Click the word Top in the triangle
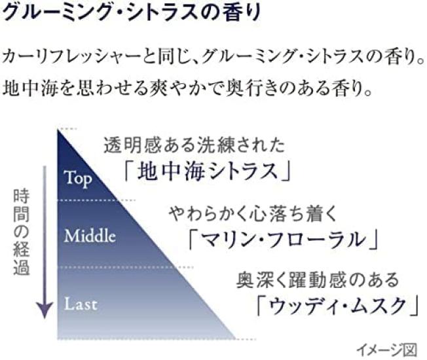pos(78,179)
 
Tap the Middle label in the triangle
pos(90,236)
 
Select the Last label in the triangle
pos(81,304)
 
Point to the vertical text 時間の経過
pos(21,232)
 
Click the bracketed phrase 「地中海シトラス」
pos(208,171)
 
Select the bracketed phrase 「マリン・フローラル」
pos(284,240)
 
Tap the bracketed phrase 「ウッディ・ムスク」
pos(337,306)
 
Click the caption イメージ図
pos(386,350)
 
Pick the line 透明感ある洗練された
pos(195,145)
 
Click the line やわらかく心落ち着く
pos(253,213)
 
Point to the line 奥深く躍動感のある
pos(318,280)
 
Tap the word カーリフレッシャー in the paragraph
pos(71,57)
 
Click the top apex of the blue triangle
pos(58,130)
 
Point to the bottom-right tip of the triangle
pos(236,338)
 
